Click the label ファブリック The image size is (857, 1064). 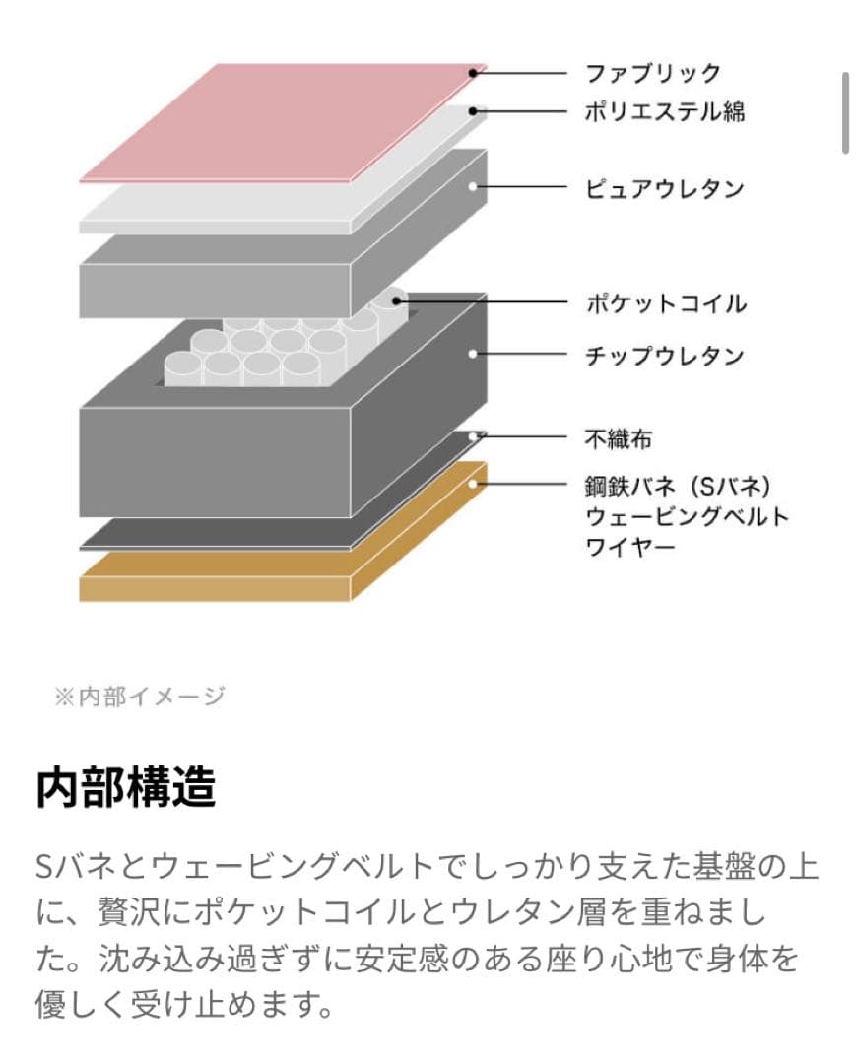(653, 73)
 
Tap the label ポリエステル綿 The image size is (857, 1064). (665, 111)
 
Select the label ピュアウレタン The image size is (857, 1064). (665, 187)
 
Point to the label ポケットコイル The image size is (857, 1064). (665, 303)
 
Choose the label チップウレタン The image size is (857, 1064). (665, 355)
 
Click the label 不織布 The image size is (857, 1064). (618, 438)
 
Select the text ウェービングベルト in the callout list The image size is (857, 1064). (687, 516)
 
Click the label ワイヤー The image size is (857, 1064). (630, 546)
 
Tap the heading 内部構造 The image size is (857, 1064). (125, 788)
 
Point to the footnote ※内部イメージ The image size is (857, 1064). (139, 697)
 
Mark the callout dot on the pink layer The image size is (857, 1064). (474, 72)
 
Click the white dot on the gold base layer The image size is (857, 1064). (474, 484)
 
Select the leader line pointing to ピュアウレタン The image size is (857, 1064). (522, 187)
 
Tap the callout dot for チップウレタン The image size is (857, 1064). (474, 354)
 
